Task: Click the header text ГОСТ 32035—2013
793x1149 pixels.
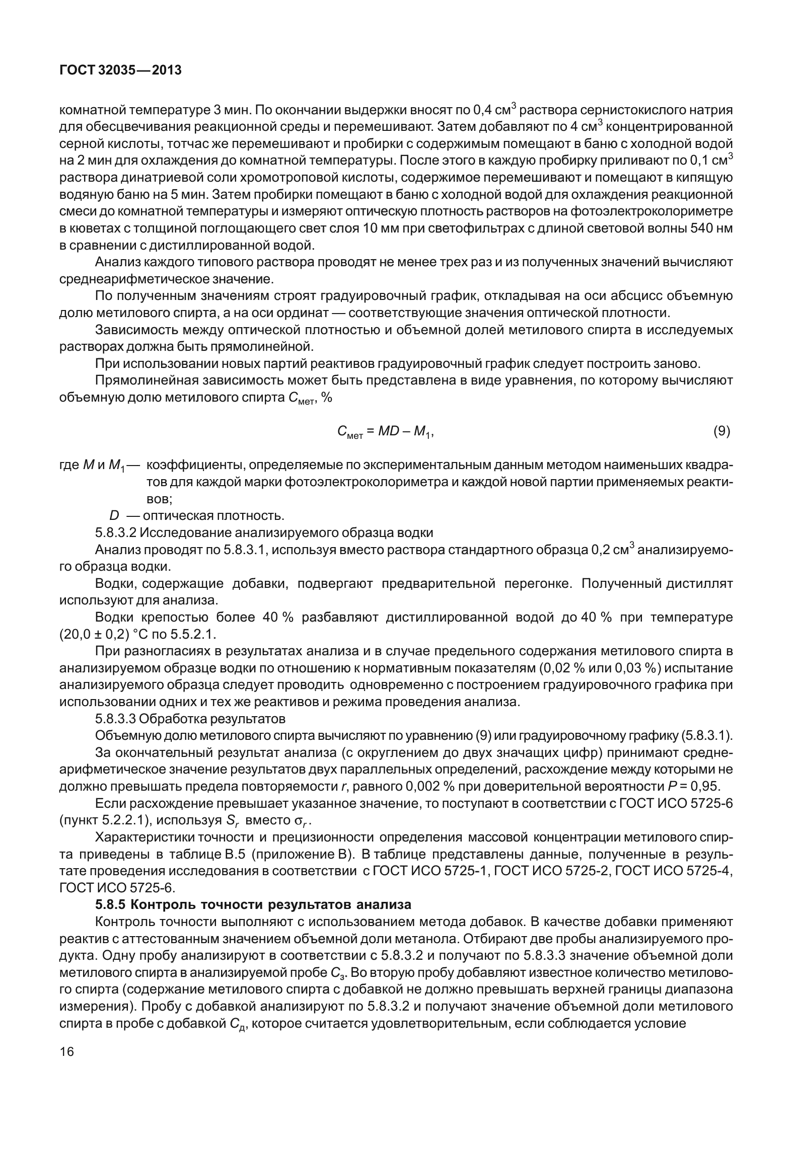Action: click(120, 71)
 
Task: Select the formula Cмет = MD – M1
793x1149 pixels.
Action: click(385, 432)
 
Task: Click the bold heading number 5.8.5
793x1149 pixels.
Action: click(111, 904)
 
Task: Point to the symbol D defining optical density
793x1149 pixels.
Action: click(114, 516)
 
